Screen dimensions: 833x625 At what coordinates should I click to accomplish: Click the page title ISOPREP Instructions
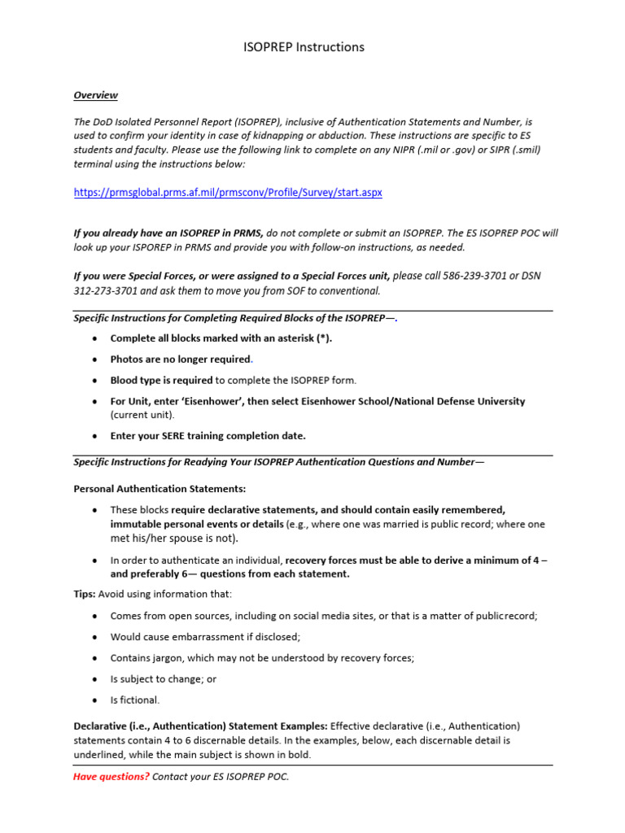point(304,47)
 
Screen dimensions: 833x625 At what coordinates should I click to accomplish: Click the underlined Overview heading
point(95,95)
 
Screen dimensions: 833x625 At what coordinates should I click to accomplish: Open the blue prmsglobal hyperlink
point(228,193)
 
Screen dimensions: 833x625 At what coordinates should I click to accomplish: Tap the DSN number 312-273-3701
point(104,290)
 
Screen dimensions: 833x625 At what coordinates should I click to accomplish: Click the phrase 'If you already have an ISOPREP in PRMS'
point(168,233)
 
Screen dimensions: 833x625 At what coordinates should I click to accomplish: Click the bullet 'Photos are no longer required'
point(181,359)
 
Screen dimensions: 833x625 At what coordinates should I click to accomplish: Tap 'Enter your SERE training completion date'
point(208,435)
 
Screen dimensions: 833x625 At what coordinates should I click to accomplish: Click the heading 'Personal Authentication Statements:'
point(160,489)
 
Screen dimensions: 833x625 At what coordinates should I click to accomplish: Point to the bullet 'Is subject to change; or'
point(164,678)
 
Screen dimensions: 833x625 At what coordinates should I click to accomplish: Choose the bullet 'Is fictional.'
point(135,700)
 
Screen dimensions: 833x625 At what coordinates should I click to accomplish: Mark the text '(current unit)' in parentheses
point(142,414)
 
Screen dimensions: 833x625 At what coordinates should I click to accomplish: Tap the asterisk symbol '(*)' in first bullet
point(321,338)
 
